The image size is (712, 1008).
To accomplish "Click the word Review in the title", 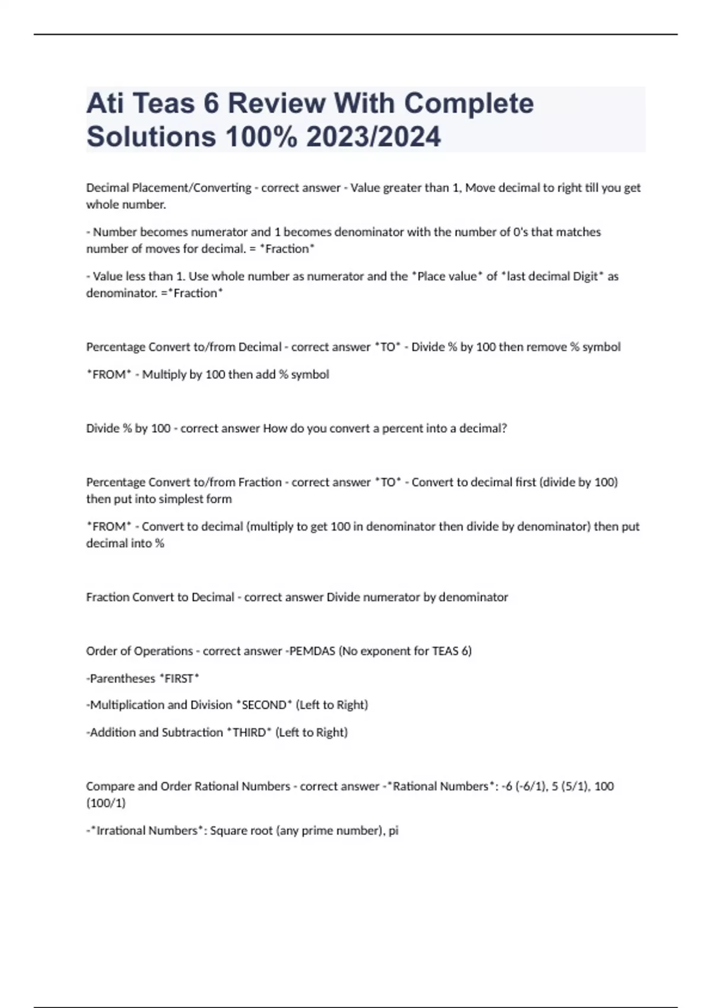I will click(278, 103).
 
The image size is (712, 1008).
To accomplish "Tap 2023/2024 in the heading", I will click(373, 137).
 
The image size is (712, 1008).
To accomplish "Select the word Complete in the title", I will click(469, 103).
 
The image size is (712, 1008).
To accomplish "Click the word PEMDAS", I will click(312, 651).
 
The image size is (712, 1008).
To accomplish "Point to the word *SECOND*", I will click(264, 705).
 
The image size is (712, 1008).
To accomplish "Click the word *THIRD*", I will click(249, 732).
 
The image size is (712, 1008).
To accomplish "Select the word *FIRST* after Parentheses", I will click(179, 678).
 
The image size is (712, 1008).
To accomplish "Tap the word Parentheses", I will click(122, 678).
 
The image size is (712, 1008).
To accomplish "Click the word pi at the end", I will click(393, 831).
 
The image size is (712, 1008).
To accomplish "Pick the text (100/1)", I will click(106, 803).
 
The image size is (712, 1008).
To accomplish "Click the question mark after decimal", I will click(504, 428).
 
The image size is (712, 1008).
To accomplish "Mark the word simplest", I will click(169, 499).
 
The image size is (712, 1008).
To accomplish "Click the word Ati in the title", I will click(105, 103).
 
